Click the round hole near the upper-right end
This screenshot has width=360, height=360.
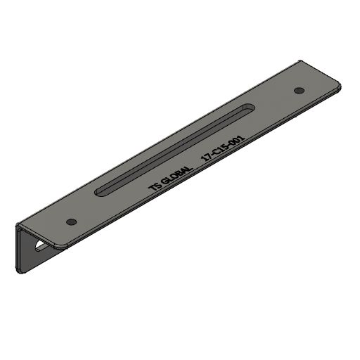(x=299, y=90)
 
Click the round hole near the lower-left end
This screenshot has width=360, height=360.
(x=72, y=221)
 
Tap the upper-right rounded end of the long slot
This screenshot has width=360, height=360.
(x=248, y=108)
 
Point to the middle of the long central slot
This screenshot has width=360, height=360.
(x=174, y=150)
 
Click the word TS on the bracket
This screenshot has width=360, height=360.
(x=155, y=186)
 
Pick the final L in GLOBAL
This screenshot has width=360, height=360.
(x=189, y=169)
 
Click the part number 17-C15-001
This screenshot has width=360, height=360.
(x=223, y=148)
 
